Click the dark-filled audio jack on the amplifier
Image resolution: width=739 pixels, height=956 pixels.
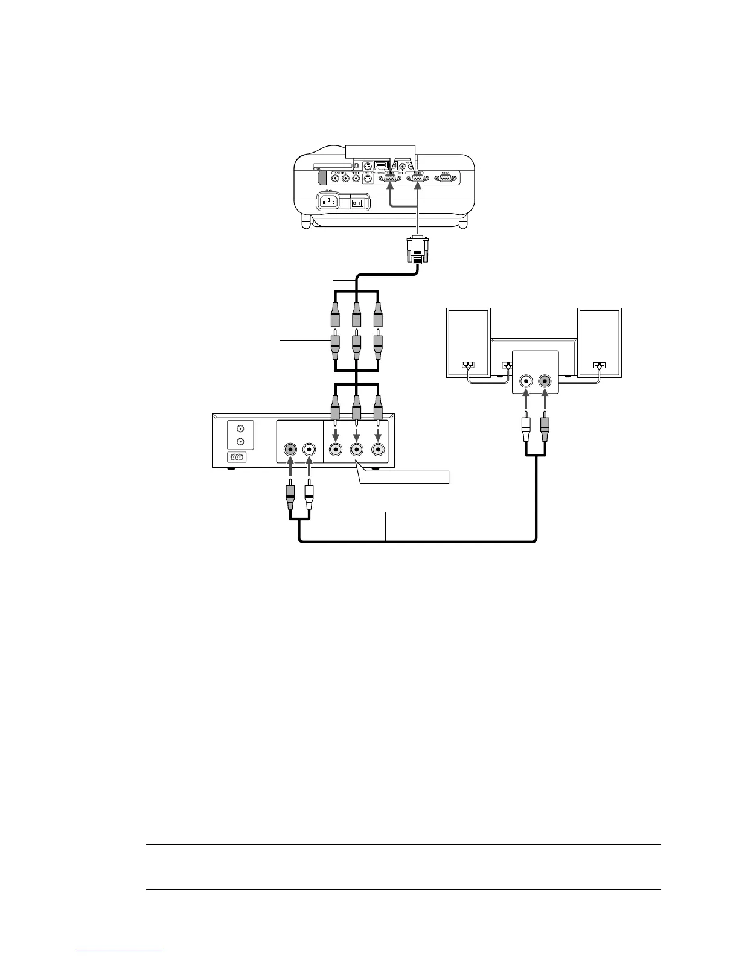pos(545,381)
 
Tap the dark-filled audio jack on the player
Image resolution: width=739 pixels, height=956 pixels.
pos(291,450)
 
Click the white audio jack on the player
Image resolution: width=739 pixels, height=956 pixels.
pos(309,450)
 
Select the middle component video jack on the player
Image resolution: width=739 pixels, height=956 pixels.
pos(356,450)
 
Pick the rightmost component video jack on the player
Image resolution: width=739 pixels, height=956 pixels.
pos(379,450)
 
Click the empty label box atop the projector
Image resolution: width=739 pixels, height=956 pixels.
pos(380,150)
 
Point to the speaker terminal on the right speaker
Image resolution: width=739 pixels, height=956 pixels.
pos(599,365)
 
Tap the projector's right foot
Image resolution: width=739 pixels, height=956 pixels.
pos(463,223)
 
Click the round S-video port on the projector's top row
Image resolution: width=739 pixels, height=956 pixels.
pos(367,166)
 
